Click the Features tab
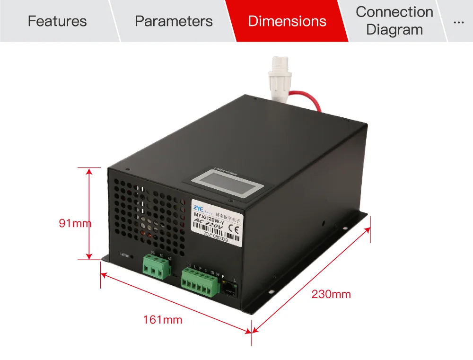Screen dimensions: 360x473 click(57, 21)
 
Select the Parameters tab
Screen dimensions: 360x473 click(174, 21)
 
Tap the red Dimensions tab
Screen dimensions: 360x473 click(287, 21)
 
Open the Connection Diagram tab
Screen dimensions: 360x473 click(394, 21)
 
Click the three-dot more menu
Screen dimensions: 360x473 click(458, 21)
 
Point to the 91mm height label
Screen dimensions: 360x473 click(75, 223)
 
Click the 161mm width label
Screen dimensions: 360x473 click(163, 320)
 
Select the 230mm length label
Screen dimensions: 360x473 click(331, 294)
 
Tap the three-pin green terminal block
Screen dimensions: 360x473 click(157, 267)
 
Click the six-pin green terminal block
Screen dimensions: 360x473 click(200, 282)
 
